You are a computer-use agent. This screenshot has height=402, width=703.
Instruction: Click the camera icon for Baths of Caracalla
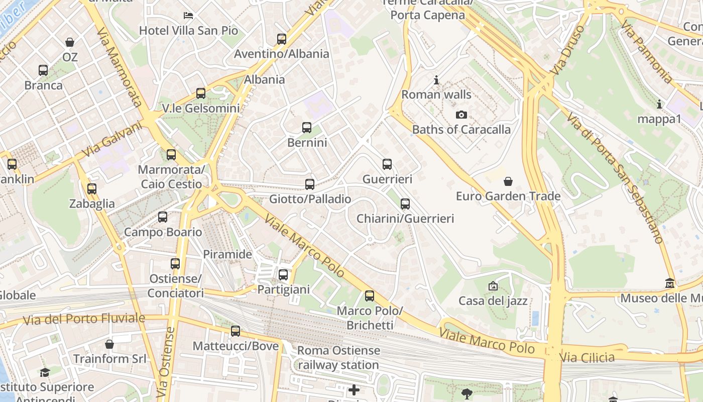461,115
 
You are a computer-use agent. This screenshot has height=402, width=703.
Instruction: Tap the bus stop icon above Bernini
307,128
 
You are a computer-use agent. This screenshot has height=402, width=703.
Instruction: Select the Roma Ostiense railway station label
338,358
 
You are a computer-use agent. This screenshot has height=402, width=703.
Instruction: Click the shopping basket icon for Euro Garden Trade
508,181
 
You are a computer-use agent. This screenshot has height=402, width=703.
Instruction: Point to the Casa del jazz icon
493,286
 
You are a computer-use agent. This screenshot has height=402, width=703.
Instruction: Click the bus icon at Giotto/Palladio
310,184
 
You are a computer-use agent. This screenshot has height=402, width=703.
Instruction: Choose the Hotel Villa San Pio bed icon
188,16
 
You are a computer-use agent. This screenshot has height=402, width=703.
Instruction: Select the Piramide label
227,254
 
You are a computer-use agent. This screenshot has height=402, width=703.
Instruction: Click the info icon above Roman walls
436,80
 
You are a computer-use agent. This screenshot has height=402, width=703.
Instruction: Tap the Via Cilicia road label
587,358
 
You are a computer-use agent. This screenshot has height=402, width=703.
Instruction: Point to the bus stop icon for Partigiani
283,275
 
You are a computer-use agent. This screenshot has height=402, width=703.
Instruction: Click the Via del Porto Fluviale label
84,319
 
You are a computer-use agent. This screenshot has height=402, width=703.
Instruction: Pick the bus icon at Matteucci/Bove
236,331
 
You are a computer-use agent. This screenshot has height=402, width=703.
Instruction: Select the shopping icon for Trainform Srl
109,344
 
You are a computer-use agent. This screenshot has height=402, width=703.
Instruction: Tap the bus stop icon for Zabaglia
91,189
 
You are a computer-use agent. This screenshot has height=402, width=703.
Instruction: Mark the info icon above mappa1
659,105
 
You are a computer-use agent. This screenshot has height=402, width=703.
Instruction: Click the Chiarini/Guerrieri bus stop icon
405,204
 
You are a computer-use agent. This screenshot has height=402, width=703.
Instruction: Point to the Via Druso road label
566,51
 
